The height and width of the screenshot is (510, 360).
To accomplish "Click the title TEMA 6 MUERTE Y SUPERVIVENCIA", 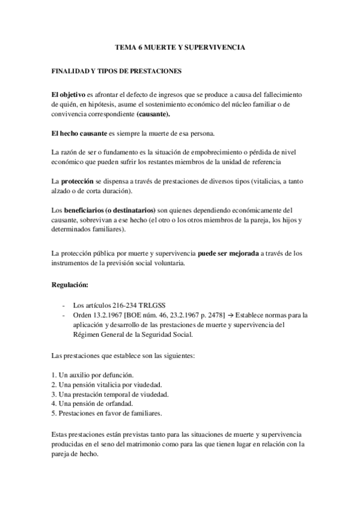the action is pyautogui.click(x=180, y=46).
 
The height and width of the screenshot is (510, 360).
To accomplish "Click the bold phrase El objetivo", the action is pyautogui.click(x=69, y=95).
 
